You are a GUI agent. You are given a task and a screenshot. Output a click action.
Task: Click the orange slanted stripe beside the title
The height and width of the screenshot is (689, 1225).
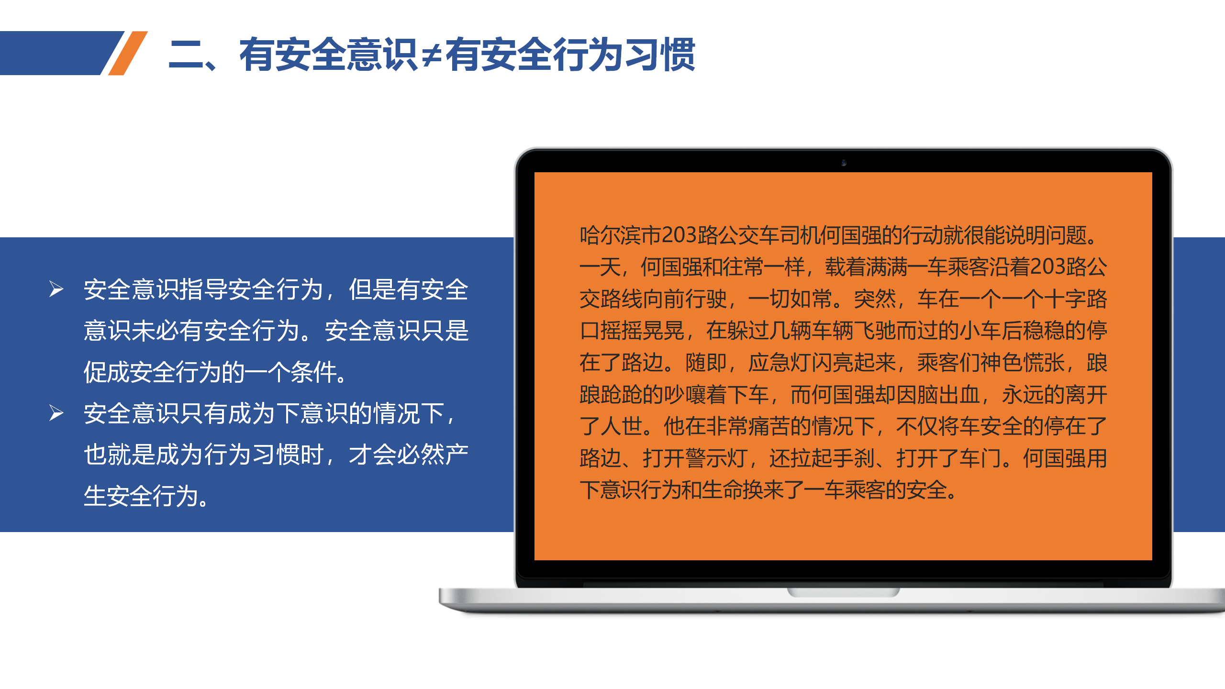(x=128, y=53)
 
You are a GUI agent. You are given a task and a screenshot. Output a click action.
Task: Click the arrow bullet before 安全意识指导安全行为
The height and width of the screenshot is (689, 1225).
(x=56, y=289)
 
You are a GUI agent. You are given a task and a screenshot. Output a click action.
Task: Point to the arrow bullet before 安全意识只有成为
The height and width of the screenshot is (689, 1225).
(x=56, y=413)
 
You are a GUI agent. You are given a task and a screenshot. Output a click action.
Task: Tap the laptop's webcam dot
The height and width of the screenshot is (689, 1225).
(x=844, y=163)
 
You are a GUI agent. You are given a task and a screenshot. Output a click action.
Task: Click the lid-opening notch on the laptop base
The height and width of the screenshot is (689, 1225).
(x=844, y=592)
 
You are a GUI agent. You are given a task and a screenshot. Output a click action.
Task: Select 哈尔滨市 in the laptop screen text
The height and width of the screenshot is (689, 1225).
(x=621, y=235)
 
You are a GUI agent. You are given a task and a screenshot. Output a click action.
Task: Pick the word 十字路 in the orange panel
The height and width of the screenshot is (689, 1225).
(x=1075, y=299)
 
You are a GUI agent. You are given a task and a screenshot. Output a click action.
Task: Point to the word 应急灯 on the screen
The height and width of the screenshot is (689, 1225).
(x=780, y=363)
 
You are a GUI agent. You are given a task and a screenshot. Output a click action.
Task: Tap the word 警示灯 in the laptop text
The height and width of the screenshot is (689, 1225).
(x=716, y=458)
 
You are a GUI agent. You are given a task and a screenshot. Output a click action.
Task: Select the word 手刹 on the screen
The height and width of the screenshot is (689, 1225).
(x=854, y=458)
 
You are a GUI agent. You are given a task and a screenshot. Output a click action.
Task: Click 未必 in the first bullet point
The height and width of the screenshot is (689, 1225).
(x=156, y=331)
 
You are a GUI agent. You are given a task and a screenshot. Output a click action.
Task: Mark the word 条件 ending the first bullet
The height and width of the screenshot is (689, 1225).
(x=314, y=372)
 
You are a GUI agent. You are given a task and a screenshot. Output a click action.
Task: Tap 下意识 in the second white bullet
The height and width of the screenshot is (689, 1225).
(x=312, y=413)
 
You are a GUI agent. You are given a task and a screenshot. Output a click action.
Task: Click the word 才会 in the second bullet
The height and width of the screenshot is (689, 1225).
(x=372, y=455)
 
